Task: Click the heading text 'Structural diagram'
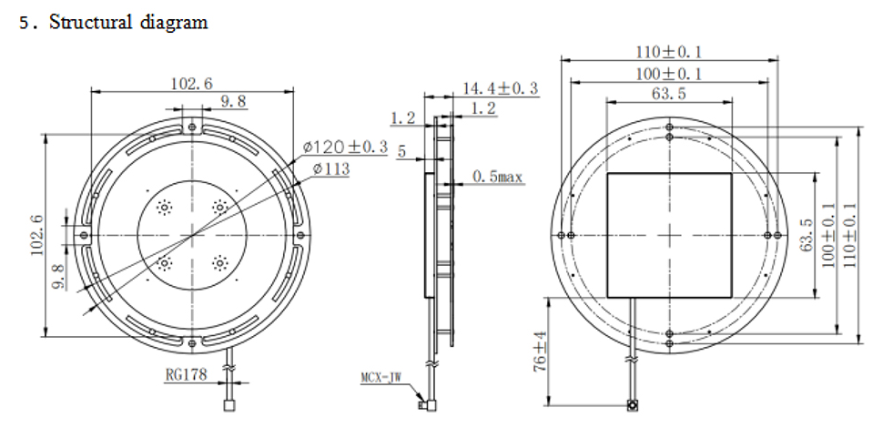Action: click(x=127, y=23)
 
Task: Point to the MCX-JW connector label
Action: click(x=382, y=375)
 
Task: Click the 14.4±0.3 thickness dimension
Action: click(x=500, y=88)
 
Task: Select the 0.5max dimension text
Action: click(x=497, y=177)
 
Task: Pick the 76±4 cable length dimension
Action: click(x=540, y=352)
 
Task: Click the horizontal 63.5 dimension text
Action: click(x=668, y=94)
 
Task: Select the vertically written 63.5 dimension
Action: click(x=807, y=236)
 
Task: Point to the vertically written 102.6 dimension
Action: click(x=35, y=235)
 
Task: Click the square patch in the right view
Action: click(x=669, y=235)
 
